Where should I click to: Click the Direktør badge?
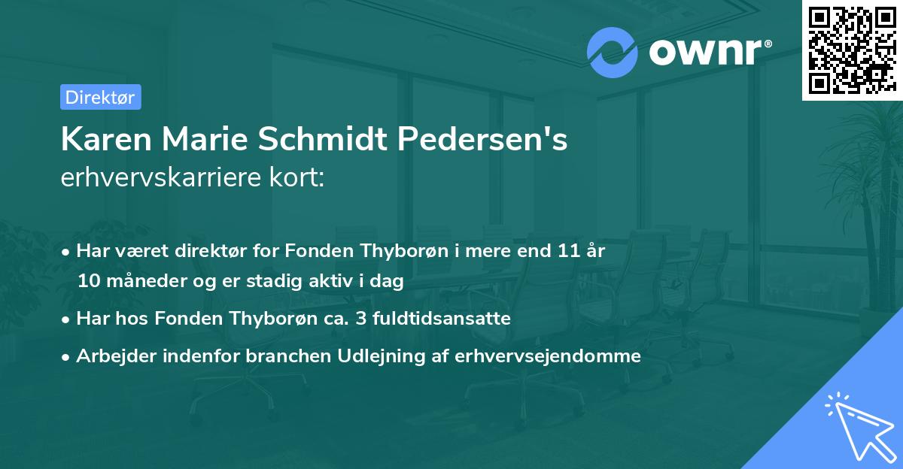100,97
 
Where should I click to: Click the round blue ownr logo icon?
613,52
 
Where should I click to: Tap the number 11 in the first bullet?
568,251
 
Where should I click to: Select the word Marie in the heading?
199,141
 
